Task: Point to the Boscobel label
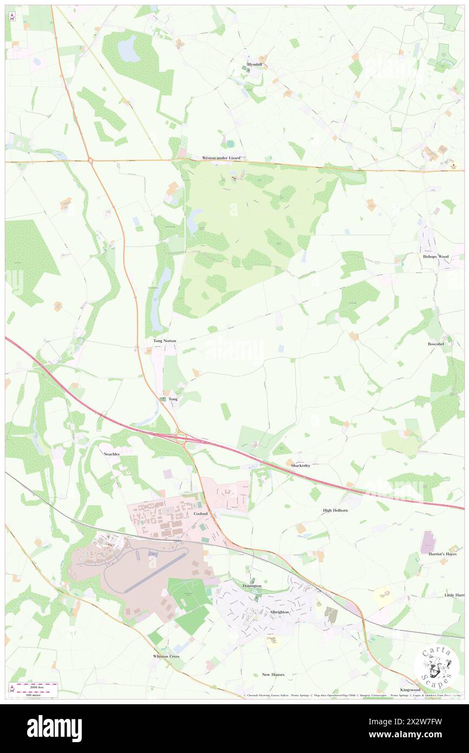435,343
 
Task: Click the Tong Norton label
165,341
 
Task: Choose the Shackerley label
300,465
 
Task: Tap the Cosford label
200,513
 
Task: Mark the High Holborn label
335,510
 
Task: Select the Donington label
252,586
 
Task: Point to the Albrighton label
279,612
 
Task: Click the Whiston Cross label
166,656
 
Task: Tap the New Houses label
273,674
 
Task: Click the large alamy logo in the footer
54,728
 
